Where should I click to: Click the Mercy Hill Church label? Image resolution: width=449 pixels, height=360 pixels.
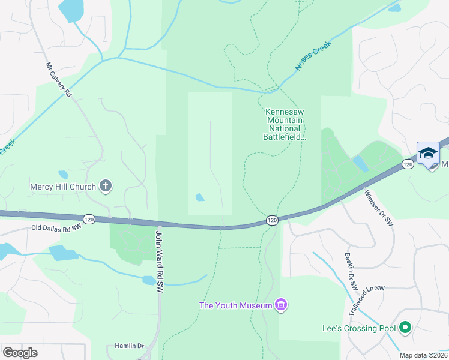63,187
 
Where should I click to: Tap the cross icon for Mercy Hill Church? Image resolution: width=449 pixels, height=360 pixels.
106,186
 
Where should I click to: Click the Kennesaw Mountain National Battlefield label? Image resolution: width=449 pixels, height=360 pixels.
286,125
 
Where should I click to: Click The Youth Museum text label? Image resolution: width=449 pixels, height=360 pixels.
235,305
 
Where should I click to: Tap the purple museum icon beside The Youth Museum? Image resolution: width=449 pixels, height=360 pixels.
280,305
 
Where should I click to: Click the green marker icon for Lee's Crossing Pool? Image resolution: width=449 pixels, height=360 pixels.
405,328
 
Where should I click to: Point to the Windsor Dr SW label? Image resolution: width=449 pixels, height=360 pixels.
379,208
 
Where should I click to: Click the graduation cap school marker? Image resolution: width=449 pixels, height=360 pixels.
428,154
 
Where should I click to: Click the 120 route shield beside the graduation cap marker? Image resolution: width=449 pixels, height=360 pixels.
408,164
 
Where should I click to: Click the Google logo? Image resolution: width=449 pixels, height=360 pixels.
20,352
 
